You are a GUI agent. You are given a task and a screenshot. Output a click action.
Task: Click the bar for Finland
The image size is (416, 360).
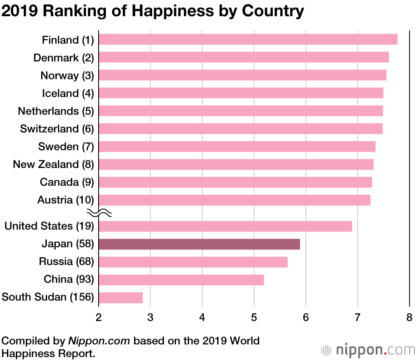(x=248, y=39)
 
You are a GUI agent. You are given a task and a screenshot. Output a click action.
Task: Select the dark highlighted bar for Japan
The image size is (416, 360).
(x=199, y=244)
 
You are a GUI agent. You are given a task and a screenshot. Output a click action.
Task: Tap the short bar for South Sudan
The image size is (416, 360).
(x=121, y=298)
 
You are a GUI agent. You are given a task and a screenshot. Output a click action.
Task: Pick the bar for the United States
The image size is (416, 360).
(x=225, y=226)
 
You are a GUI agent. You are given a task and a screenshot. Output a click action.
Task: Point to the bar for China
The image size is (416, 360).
(x=181, y=280)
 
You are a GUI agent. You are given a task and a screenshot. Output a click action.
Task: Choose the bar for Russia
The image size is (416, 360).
(x=193, y=262)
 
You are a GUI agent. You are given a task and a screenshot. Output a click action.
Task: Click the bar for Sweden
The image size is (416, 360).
(x=237, y=147)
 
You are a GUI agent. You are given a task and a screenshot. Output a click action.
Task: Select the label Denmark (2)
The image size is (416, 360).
(x=64, y=58)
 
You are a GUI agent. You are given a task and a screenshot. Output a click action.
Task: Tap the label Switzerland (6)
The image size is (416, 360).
(x=57, y=129)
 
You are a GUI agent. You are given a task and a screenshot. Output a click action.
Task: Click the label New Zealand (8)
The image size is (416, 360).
(x=53, y=165)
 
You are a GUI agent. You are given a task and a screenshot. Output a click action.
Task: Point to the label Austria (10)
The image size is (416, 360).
(x=66, y=200)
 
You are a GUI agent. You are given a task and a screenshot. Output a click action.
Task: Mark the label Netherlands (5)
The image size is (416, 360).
(x=56, y=111)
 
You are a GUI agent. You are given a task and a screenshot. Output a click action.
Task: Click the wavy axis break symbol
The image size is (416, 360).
(x=99, y=213)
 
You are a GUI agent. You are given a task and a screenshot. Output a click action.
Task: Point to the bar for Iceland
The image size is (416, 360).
(x=241, y=93)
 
